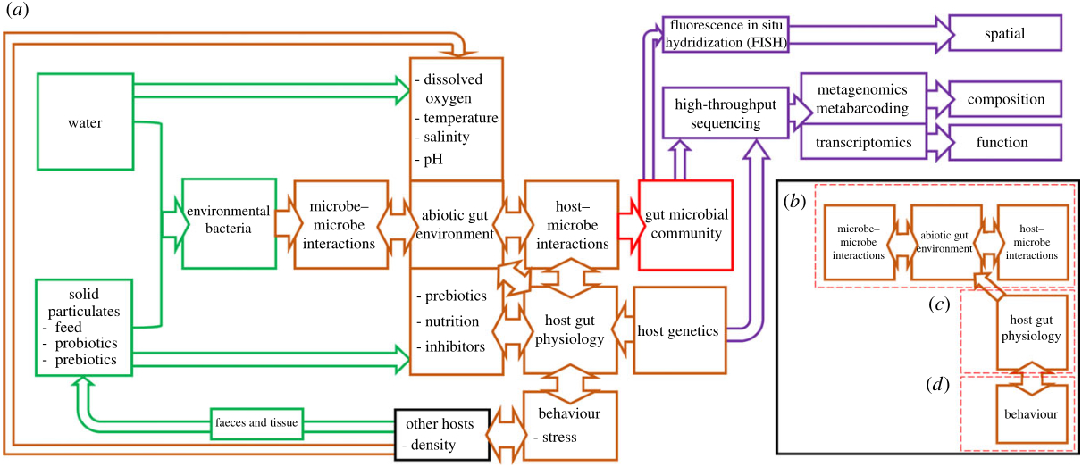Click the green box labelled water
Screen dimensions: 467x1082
(86, 123)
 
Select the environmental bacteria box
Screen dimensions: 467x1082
(228, 223)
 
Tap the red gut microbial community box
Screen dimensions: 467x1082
(686, 223)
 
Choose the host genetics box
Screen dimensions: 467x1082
(679, 331)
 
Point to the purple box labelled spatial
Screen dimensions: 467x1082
(1004, 34)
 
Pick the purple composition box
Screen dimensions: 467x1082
(1004, 99)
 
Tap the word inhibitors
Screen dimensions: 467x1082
(454, 346)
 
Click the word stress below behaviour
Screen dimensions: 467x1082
(560, 437)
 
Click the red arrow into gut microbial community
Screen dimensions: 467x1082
(628, 223)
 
